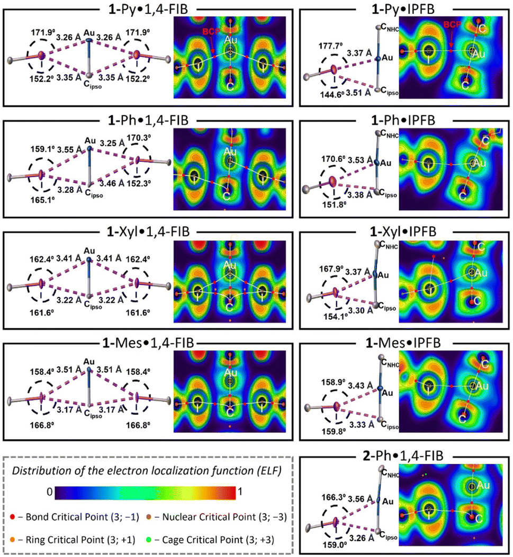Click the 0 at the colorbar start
point(48,492)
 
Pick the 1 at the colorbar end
point(241,492)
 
